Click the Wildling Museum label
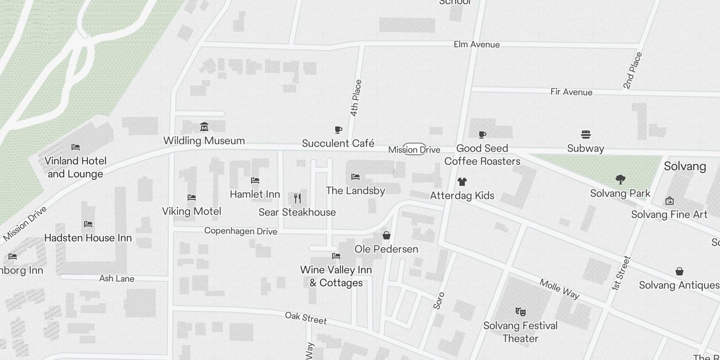[x=204, y=141]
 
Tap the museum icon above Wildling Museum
[x=204, y=126]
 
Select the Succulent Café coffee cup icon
[x=338, y=130]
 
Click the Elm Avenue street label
[x=477, y=45]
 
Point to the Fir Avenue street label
[x=571, y=92]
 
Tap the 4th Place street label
[x=355, y=98]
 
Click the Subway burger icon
[x=585, y=135]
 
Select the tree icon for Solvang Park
[x=621, y=180]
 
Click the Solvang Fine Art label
[x=669, y=215]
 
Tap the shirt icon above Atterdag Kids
[x=462, y=182]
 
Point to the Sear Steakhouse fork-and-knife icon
[x=297, y=198]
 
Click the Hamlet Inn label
[x=255, y=194]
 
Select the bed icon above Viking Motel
[x=192, y=198]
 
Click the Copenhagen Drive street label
[x=241, y=231]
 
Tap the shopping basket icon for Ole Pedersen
[x=386, y=235]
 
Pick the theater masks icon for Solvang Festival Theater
[x=520, y=311]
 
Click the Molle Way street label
[x=559, y=289]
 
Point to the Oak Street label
[x=306, y=318]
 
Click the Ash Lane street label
[x=117, y=279]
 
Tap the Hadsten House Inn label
[x=88, y=238]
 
